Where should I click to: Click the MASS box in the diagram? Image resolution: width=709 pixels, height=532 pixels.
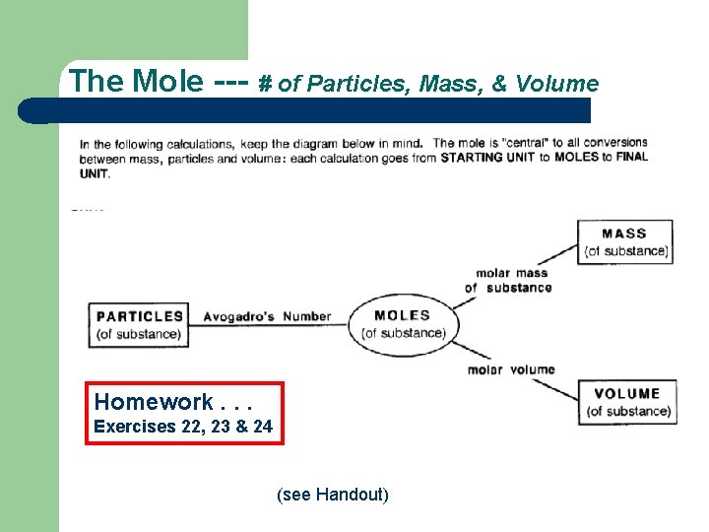point(625,241)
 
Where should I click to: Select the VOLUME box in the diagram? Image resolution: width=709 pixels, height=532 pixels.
point(627,402)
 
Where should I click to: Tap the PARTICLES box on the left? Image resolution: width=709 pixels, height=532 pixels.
point(139,325)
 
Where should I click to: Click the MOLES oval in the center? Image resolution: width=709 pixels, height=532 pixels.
point(403,323)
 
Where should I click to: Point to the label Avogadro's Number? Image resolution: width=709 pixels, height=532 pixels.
point(267,316)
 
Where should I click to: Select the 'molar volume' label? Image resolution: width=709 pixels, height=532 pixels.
point(511,369)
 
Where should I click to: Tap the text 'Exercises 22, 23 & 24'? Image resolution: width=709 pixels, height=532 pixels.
point(183,428)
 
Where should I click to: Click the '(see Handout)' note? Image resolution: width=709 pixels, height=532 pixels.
point(333,494)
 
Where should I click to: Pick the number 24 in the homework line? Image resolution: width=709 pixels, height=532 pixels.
point(262,428)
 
